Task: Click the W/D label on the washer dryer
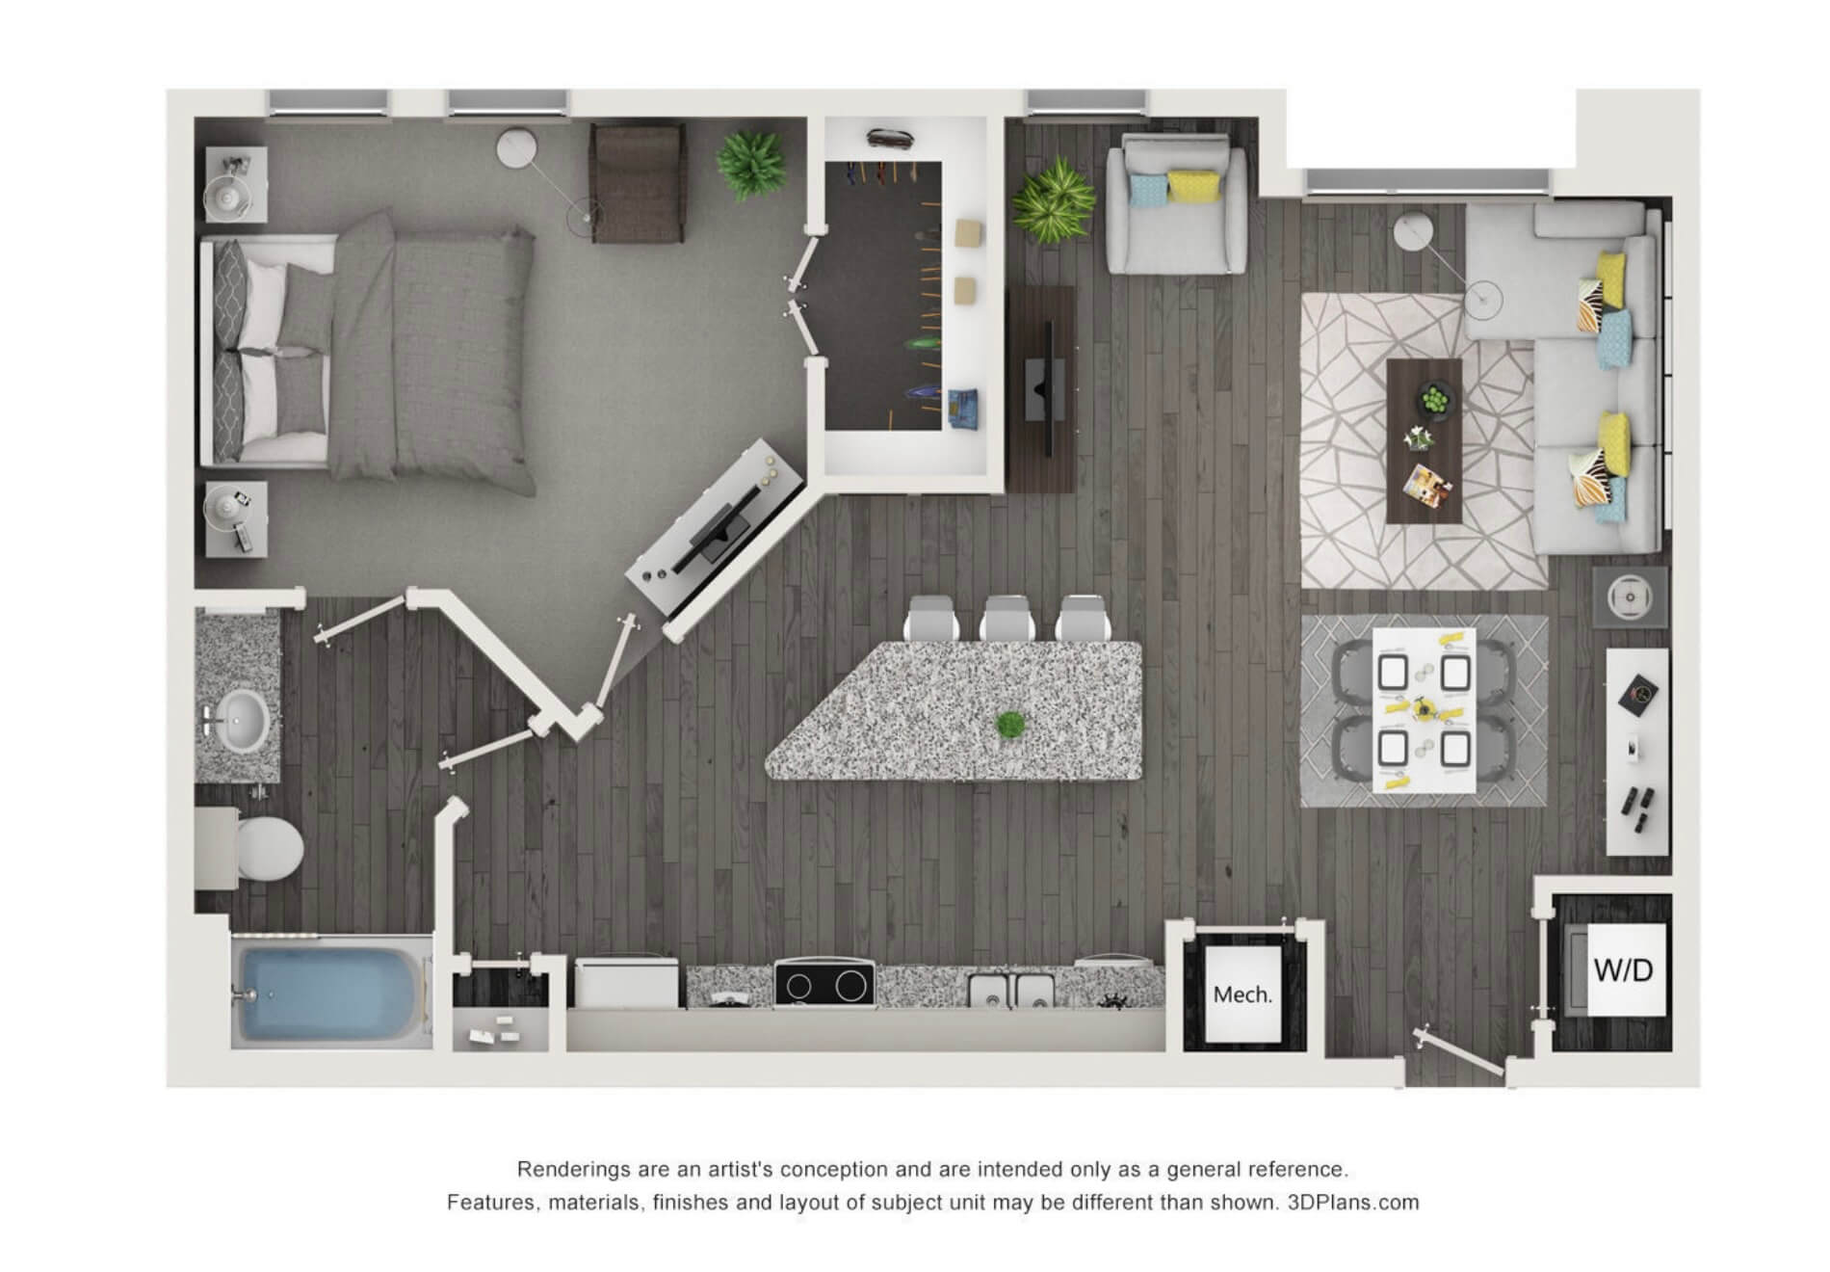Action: pyautogui.click(x=1623, y=969)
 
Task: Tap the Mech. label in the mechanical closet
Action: pyautogui.click(x=1242, y=994)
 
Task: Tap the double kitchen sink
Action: pyautogui.click(x=1010, y=990)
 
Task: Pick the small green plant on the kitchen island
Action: pyautogui.click(x=1009, y=725)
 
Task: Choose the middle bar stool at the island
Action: pyautogui.click(x=1007, y=619)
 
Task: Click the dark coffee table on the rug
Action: pyautogui.click(x=1424, y=441)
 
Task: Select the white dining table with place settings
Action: pyautogui.click(x=1424, y=710)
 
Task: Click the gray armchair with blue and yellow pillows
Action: pyautogui.click(x=1176, y=204)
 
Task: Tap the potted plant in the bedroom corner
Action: pyautogui.click(x=751, y=164)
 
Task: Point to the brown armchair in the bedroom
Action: pyautogui.click(x=638, y=183)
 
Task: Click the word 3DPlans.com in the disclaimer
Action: pyautogui.click(x=1353, y=1203)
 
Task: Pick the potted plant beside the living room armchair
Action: pyautogui.click(x=1054, y=200)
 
